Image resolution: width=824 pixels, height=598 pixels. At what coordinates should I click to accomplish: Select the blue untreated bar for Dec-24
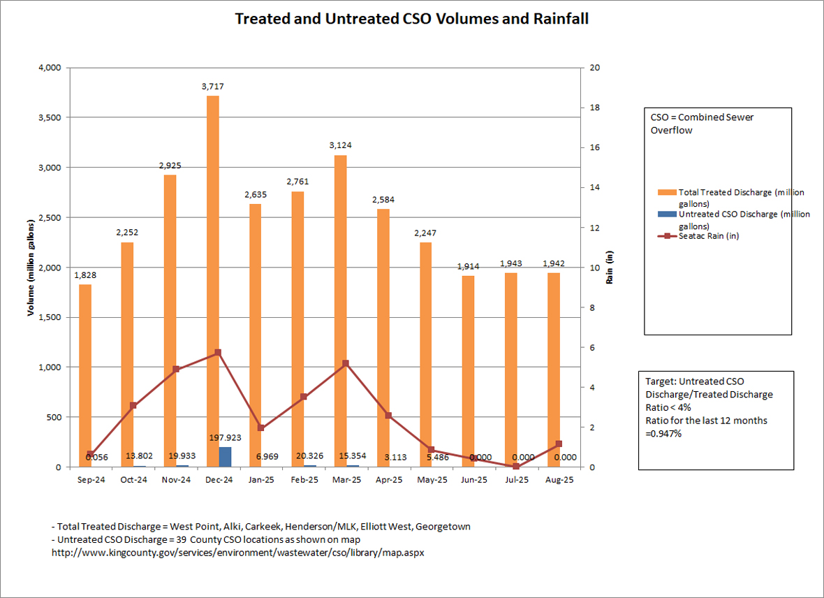click(x=225, y=457)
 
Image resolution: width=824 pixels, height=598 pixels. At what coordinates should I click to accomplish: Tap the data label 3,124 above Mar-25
click(x=341, y=145)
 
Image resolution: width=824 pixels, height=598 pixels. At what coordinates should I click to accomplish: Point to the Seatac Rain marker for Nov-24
click(x=176, y=369)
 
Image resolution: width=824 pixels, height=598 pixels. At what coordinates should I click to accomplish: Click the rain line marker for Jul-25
click(x=516, y=466)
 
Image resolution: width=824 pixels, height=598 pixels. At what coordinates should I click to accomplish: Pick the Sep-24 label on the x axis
click(x=91, y=480)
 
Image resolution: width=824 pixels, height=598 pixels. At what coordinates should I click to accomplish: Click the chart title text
click(x=411, y=19)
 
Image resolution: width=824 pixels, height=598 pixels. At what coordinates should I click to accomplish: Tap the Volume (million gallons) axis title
click(x=31, y=268)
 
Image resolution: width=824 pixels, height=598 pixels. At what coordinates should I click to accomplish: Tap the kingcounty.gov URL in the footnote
click(x=238, y=553)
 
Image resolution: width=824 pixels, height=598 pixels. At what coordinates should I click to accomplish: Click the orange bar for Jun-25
click(x=468, y=371)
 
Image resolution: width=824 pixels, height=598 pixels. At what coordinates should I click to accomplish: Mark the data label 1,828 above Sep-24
click(x=85, y=275)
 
